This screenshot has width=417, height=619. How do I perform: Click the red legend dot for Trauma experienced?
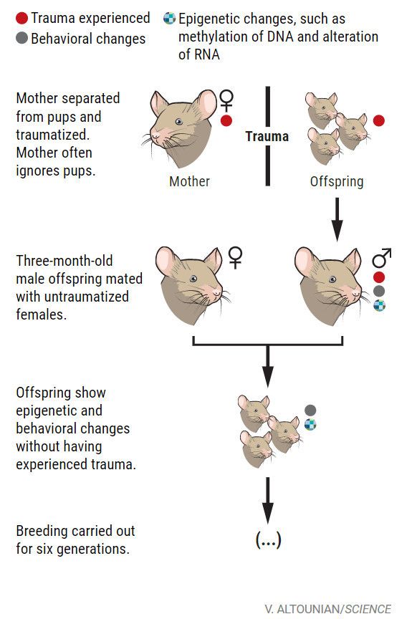pos(21,18)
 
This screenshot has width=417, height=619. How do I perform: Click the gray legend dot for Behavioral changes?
pos(21,38)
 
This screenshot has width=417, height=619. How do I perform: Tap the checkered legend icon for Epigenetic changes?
pos(169,18)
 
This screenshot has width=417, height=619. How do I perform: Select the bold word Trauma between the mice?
pos(267,137)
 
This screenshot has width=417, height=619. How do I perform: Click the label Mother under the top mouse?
pos(190,181)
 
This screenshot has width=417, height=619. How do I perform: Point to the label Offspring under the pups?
pos(337,181)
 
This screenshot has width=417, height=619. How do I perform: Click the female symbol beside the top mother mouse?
pos(226,100)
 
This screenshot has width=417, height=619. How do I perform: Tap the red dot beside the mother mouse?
pos(226,120)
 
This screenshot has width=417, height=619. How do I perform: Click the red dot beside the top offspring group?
pos(379,120)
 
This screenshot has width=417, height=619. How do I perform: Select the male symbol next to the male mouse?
pos(381,258)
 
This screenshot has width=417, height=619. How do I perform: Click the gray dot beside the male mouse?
pos(379,291)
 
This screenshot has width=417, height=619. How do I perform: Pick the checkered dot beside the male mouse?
pos(379,305)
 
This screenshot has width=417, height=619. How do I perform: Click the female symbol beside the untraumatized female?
pos(235,258)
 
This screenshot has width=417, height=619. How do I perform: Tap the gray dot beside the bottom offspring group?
pos(310,411)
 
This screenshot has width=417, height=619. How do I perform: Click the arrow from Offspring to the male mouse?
pos(337,219)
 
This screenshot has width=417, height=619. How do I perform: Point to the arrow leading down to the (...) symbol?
pos(268,500)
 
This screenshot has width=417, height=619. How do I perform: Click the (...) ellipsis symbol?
pos(268,539)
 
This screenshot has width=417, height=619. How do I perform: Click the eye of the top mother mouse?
pos(179,122)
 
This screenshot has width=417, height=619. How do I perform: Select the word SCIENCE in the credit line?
pos(368,609)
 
